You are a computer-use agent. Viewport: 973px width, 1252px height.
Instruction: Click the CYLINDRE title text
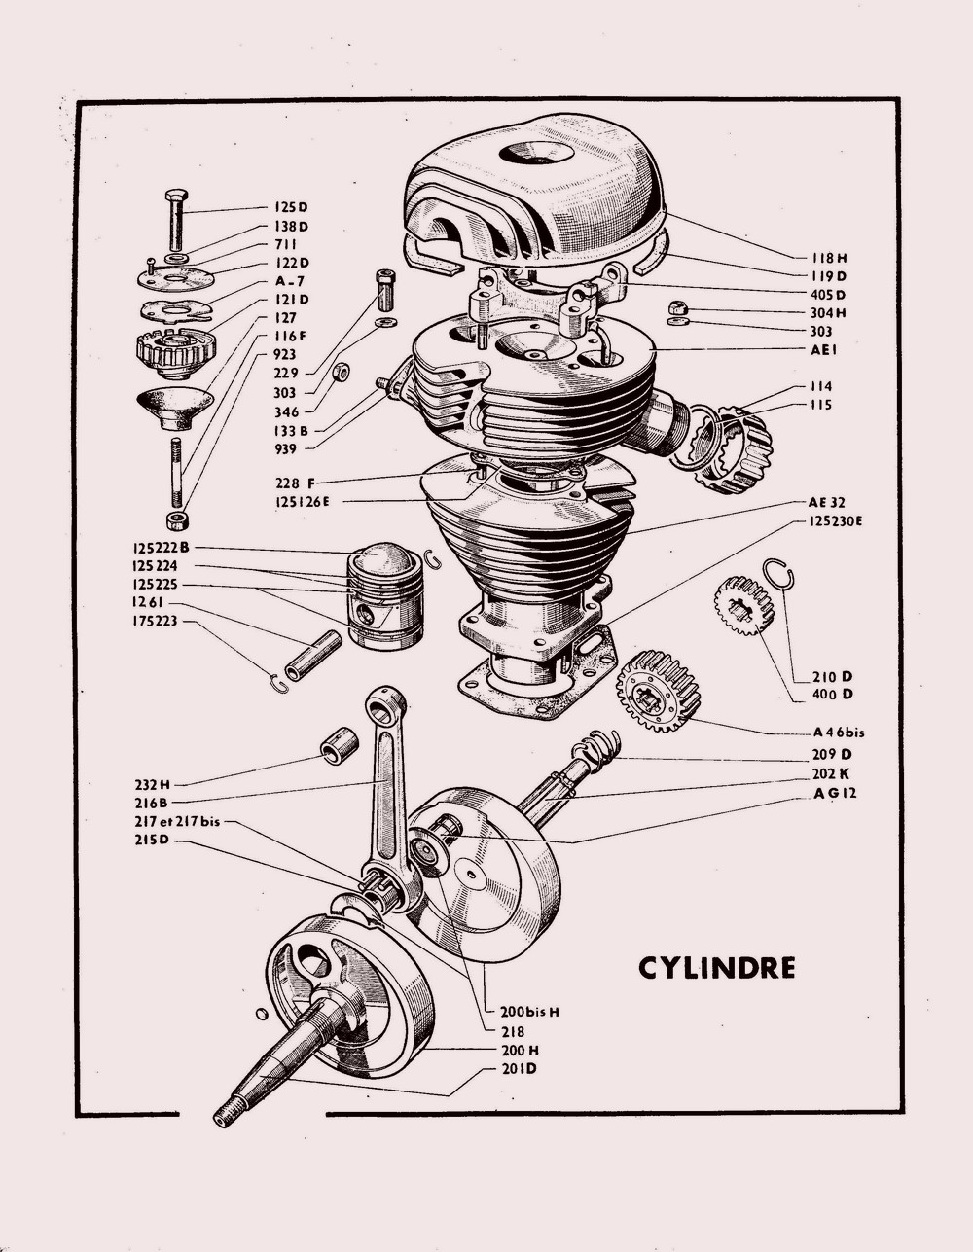coord(716,968)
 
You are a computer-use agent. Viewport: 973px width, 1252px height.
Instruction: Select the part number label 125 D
coord(290,206)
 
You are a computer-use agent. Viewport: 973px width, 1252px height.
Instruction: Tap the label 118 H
coord(829,258)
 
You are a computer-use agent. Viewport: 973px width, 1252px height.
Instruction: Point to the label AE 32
coord(826,503)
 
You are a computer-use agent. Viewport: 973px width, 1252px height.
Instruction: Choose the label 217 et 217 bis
coord(178,821)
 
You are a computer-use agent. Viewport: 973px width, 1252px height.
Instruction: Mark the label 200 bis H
coord(527,1012)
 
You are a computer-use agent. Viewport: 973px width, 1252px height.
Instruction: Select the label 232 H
coord(153,784)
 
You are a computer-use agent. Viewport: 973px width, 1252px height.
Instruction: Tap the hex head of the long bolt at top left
coord(176,196)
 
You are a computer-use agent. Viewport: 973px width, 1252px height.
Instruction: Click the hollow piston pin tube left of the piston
coord(312,657)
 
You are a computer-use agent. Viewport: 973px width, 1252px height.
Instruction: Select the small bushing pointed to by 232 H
coord(340,745)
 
